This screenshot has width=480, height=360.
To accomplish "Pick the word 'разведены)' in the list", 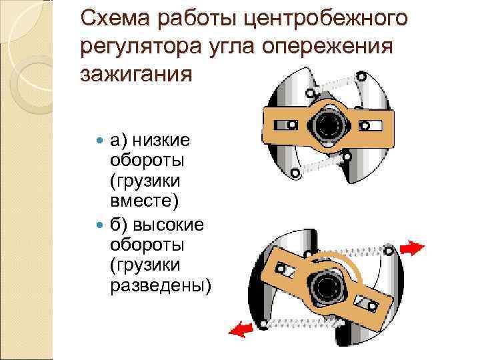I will pyautogui.click(x=160, y=286).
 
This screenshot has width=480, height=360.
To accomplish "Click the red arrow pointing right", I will pyautogui.click(x=413, y=248).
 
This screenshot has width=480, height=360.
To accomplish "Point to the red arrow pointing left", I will pyautogui.click(x=241, y=329).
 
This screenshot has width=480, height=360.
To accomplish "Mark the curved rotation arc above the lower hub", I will pyautogui.click(x=347, y=260).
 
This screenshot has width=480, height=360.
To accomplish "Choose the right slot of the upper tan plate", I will pyautogui.click(x=373, y=125).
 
